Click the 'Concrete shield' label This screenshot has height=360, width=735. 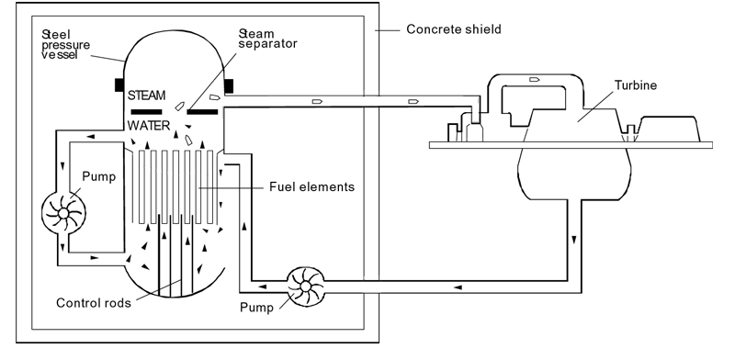(x=453, y=29)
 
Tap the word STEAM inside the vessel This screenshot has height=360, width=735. (x=147, y=96)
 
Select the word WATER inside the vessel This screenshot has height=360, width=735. (x=149, y=126)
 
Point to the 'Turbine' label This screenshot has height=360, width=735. (x=636, y=85)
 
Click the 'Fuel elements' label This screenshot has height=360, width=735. (x=311, y=187)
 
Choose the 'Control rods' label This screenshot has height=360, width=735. (x=94, y=303)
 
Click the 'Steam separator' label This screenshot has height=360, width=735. (x=267, y=39)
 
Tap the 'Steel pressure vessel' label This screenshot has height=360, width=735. (x=66, y=45)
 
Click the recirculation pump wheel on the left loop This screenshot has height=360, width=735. (x=63, y=213)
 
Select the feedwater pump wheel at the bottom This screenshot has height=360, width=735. (x=305, y=287)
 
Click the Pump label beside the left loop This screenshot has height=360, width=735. (x=98, y=176)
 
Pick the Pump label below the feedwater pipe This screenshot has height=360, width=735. (x=256, y=308)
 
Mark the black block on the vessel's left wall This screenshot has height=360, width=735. (x=119, y=84)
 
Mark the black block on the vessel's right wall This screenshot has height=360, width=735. (x=229, y=86)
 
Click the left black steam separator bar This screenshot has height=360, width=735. (x=146, y=111)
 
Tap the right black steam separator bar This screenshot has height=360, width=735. (x=202, y=111)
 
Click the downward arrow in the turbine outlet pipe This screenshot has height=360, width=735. (x=573, y=240)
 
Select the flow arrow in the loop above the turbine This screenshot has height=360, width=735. (x=535, y=80)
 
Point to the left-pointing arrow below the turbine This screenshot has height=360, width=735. (x=458, y=287)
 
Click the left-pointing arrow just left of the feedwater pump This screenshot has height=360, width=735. (x=263, y=287)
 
